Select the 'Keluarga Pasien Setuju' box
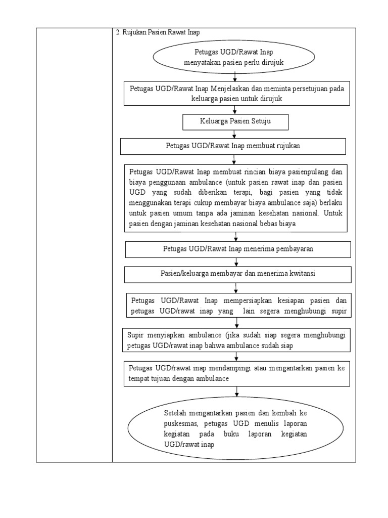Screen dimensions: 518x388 tap(235, 121)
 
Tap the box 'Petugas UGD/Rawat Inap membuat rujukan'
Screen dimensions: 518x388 tap(233, 146)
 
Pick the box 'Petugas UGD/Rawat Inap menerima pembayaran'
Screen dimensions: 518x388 tap(237, 249)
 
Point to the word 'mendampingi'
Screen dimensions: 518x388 tap(241, 368)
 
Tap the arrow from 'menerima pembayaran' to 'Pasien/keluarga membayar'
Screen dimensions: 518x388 tap(236, 262)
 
